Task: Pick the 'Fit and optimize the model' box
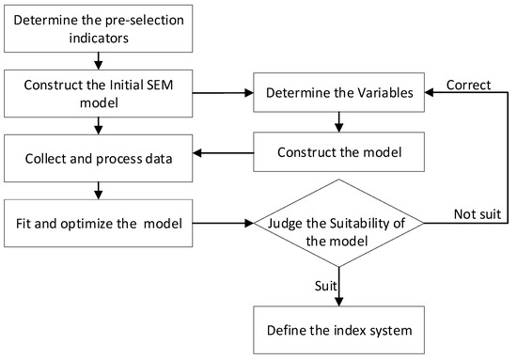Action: (x=98, y=225)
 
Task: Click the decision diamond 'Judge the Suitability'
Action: (x=337, y=225)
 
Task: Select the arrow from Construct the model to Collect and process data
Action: (x=224, y=153)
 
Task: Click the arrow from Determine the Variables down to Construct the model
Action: (x=337, y=123)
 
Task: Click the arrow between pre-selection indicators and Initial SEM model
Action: (x=98, y=61)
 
